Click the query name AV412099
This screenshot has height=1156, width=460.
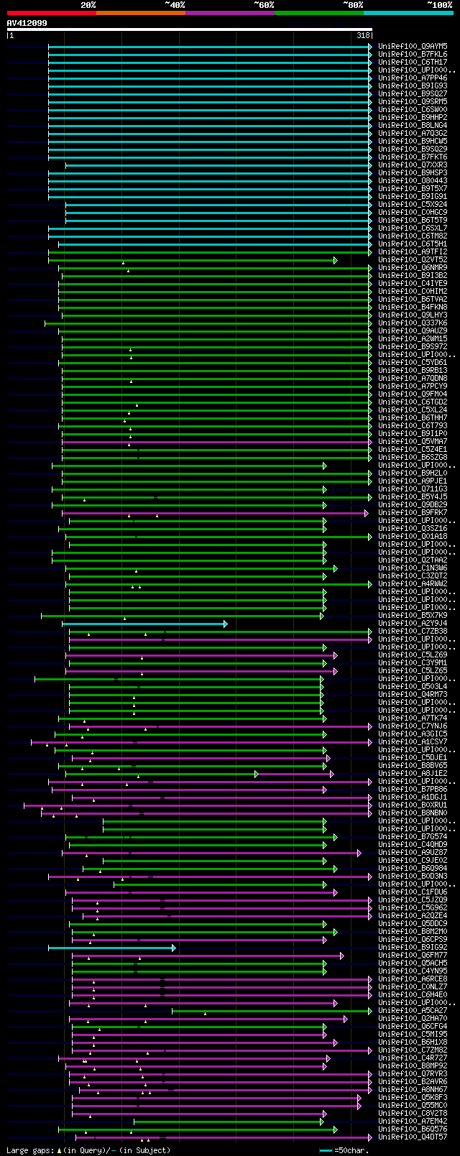tap(27, 23)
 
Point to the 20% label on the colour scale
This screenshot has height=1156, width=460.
tap(88, 5)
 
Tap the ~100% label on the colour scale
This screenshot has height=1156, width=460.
tap(439, 5)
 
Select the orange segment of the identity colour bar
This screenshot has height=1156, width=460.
tap(140, 13)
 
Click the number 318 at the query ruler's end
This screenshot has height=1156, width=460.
tap(363, 35)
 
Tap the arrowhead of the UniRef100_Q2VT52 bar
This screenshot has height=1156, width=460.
tap(335, 260)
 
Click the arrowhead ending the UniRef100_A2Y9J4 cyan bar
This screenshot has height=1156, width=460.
tap(225, 624)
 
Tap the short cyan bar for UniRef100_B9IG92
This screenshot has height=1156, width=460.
tap(111, 948)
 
